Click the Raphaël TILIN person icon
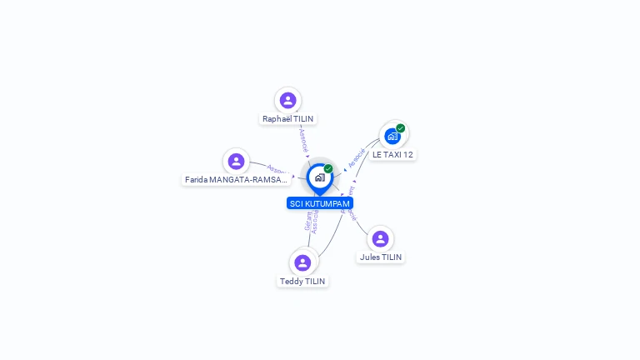coord(288,100)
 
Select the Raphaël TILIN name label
coord(288,119)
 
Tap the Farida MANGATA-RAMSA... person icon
coord(237,161)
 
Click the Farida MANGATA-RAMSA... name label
coord(236,180)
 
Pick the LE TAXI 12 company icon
coord(392,136)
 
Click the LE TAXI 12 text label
coord(392,155)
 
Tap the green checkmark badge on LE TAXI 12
coord(401,128)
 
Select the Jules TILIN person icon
coord(381,238)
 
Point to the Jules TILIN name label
coord(381,257)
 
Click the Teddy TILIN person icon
coord(302,262)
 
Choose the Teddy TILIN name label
coord(302,282)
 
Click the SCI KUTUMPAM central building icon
coord(319,177)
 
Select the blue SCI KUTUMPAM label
coord(320,203)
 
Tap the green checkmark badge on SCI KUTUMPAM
coord(328,169)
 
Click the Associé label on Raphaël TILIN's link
coord(303,139)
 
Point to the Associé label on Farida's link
coord(277,172)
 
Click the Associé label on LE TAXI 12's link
coord(357,157)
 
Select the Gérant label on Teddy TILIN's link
coord(307,221)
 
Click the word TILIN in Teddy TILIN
coord(314,282)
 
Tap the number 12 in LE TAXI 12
coord(407,155)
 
